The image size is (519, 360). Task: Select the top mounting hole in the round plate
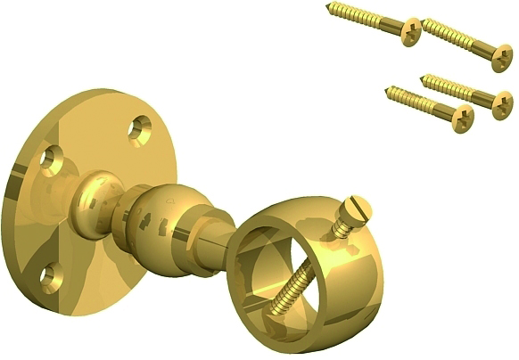[x=138, y=130]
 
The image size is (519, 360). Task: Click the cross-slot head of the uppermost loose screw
[x=410, y=26]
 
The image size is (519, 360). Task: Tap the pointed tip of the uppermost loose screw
[x=330, y=6]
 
